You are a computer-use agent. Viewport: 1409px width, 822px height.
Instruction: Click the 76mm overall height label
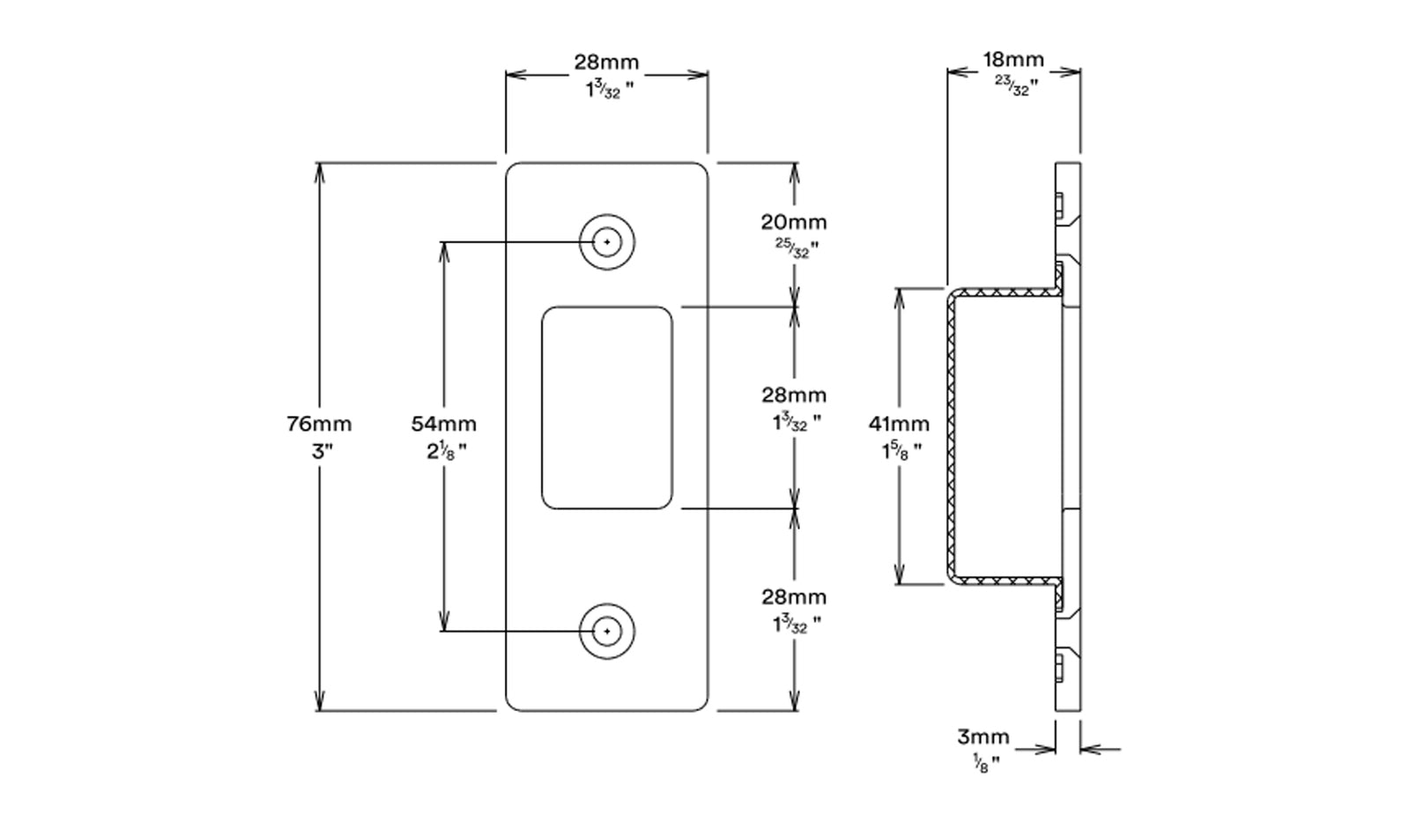pyautogui.click(x=319, y=424)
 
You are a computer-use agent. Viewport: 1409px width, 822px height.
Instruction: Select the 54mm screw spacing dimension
pyautogui.click(x=443, y=424)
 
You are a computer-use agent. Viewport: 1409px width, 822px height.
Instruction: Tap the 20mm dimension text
pyautogui.click(x=794, y=222)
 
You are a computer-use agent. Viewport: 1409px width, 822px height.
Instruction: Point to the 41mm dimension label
pyautogui.click(x=899, y=424)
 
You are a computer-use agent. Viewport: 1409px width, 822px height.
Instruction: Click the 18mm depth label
pyautogui.click(x=1013, y=60)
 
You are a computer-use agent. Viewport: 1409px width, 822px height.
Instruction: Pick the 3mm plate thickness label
pyautogui.click(x=983, y=737)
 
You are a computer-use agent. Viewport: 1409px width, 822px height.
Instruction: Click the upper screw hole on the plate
pyautogui.click(x=606, y=241)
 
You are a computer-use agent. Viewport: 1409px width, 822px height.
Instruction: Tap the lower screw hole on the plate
pyautogui.click(x=606, y=632)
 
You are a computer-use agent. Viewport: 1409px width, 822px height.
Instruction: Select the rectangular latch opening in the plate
pyautogui.click(x=606, y=407)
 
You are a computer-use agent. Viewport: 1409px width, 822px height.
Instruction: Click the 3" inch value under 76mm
pyautogui.click(x=320, y=452)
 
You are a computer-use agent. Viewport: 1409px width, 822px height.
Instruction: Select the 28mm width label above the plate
pyautogui.click(x=606, y=62)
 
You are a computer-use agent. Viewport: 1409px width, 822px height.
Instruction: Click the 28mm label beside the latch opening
pyautogui.click(x=794, y=395)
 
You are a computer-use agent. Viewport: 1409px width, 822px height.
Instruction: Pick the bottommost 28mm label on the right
pyautogui.click(x=794, y=596)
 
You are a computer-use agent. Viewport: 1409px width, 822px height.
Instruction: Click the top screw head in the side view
pyautogui.click(x=1058, y=208)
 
